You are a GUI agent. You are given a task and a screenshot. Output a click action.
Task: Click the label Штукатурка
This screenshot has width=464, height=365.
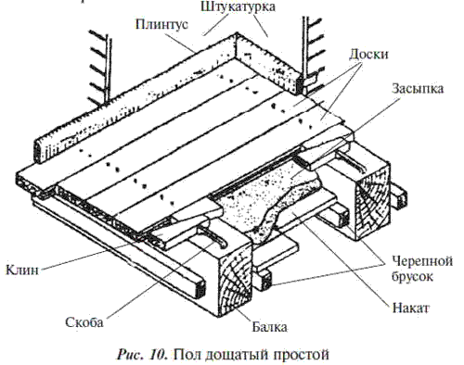coord(238,6)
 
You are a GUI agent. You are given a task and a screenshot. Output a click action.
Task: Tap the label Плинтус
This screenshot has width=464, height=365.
coord(161,24)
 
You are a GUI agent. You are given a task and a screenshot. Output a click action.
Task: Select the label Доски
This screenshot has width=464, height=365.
coord(368,55)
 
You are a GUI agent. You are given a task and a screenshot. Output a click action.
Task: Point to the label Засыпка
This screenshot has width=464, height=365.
coord(418,88)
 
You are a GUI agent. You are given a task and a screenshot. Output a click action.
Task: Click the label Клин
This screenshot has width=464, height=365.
coord(22,270)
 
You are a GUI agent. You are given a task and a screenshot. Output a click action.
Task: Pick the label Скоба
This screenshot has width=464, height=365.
coord(84,322)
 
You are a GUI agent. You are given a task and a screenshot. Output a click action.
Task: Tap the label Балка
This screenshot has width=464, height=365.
coord(269,327)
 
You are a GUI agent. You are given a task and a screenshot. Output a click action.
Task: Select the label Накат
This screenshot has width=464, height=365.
coord(411,308)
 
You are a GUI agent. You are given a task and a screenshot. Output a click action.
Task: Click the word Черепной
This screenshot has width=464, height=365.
coord(422,261)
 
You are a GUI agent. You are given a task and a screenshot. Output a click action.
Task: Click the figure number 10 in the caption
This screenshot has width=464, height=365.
coord(159,355)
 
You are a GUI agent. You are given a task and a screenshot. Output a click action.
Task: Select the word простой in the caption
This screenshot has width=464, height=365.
coord(301,355)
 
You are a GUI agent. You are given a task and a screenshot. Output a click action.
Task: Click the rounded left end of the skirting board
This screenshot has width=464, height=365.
coord(37,151)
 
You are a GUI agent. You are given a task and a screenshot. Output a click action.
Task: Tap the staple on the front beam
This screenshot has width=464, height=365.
coord(213,237)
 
